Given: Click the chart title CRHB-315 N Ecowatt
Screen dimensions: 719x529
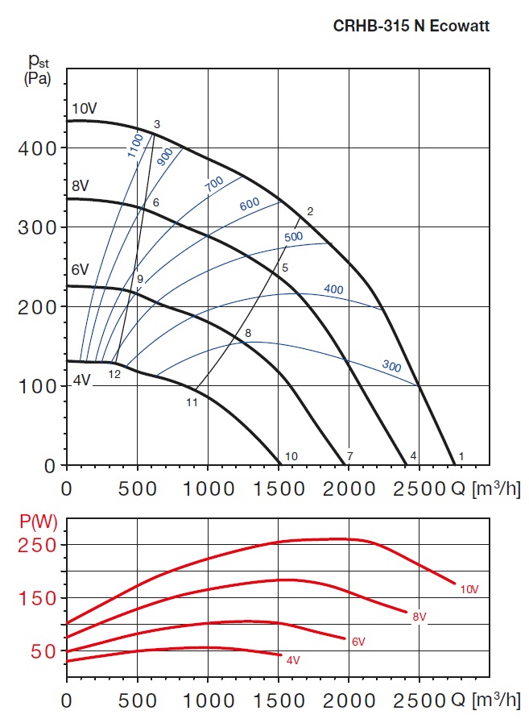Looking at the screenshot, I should [x=411, y=26].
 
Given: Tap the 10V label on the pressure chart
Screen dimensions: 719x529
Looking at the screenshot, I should [x=85, y=109].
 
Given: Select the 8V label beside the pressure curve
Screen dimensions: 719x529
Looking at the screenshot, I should [x=80, y=187].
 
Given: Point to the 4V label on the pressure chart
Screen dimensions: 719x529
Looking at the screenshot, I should [x=81, y=380].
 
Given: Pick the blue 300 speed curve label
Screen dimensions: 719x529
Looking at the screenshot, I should [x=391, y=367].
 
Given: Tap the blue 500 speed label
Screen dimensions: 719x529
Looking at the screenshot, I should [x=293, y=237].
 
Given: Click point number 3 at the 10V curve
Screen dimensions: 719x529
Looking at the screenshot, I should [x=157, y=124].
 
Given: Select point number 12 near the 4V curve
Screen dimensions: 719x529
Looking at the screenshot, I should [x=114, y=374].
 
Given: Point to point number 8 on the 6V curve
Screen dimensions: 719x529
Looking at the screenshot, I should [x=248, y=332].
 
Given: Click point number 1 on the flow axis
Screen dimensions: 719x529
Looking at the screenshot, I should [x=461, y=456].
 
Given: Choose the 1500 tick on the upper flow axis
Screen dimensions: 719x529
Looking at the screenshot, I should [x=279, y=488].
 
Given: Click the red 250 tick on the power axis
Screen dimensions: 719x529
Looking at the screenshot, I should [x=38, y=546].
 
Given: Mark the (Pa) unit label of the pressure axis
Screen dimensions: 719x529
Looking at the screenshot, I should [x=36, y=79].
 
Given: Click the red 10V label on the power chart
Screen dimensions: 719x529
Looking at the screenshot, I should [x=469, y=589].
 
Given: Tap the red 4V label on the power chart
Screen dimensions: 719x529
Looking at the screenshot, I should [x=293, y=660].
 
